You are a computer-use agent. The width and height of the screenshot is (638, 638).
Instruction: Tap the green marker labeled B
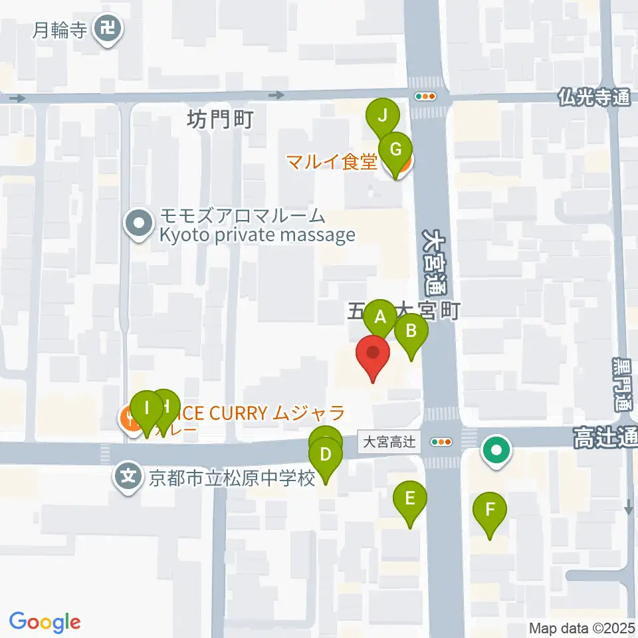click(x=411, y=330)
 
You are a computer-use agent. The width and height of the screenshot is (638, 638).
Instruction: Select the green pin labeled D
click(x=326, y=455)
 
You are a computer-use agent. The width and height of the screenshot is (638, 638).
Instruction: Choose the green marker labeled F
click(x=490, y=510)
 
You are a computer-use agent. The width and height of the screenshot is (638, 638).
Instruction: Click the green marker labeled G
click(x=395, y=149)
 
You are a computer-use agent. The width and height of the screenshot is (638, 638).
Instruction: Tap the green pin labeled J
click(x=382, y=116)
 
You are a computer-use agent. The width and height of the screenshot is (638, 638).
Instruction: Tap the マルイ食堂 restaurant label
click(x=332, y=161)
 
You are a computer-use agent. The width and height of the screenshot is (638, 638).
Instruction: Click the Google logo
click(x=45, y=621)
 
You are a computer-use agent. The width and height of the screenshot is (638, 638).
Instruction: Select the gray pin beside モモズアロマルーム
click(x=139, y=223)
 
